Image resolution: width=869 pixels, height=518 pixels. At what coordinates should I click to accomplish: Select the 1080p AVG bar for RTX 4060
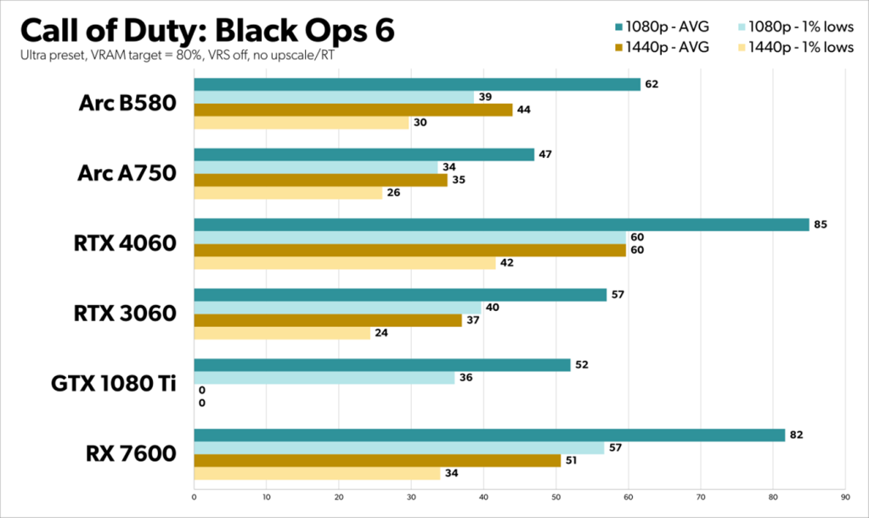[501, 225]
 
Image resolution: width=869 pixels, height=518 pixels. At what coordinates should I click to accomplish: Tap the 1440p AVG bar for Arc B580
[353, 110]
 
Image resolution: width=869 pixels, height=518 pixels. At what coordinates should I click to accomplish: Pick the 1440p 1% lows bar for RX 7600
[317, 473]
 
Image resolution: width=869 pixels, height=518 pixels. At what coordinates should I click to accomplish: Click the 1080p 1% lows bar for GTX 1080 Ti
[324, 378]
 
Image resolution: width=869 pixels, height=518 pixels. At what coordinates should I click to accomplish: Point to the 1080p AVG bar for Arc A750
[364, 155]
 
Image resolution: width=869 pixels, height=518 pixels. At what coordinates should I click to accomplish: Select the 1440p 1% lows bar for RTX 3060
[282, 333]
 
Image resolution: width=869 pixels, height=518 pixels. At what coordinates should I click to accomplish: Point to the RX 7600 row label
[129, 453]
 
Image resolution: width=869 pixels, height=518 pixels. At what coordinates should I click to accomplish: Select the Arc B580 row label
[127, 103]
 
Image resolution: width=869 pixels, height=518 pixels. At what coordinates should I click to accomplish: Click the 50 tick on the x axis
[556, 497]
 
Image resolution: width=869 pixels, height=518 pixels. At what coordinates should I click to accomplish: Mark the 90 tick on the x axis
[844, 497]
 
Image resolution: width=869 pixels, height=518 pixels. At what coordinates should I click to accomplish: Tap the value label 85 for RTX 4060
[820, 225]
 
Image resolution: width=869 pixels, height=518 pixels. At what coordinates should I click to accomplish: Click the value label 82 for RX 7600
[796, 435]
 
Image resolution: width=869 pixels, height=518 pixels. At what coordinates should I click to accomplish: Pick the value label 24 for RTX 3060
[381, 333]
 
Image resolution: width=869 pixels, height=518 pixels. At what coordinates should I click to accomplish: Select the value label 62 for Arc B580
[652, 84]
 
